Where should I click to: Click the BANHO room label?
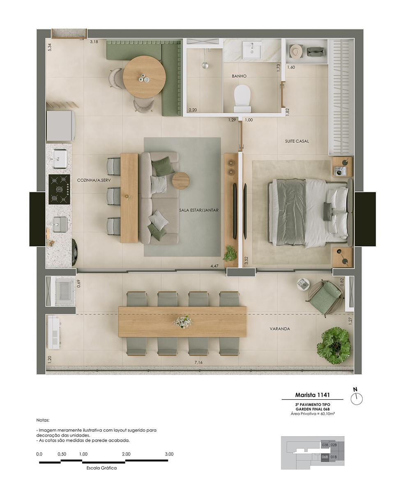pyautogui.click(x=239, y=76)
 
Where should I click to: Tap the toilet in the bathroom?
pyautogui.click(x=242, y=99)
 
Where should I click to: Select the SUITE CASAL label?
pyautogui.click(x=297, y=141)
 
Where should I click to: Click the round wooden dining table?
pyautogui.click(x=144, y=77)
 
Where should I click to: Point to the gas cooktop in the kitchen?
pyautogui.click(x=60, y=189)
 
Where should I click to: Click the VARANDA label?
pyautogui.click(x=280, y=329)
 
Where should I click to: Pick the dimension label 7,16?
pyautogui.click(x=198, y=363)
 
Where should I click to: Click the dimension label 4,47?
pyautogui.click(x=214, y=266)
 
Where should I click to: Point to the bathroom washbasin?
pyautogui.click(x=252, y=50)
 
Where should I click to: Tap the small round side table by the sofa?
pyautogui.click(x=181, y=181)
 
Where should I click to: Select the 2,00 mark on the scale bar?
pyautogui.click(x=126, y=454)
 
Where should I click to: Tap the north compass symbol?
pyautogui.click(x=357, y=399)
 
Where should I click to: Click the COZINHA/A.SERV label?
pyautogui.click(x=94, y=180)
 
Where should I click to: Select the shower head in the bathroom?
pyautogui.click(x=205, y=65)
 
